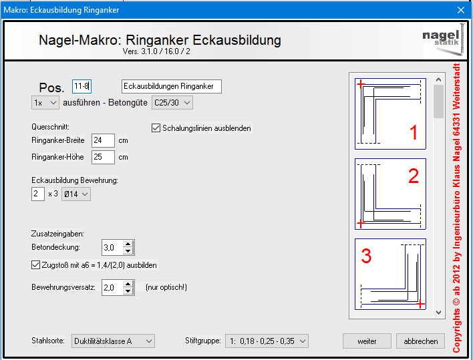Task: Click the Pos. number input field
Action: pos(82,87)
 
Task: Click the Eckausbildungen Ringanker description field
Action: pos(171,87)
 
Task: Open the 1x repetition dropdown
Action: pos(45,103)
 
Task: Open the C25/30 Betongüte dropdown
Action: pos(172,103)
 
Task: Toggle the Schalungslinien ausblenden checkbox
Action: pos(156,128)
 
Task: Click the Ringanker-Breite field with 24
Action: pos(103,140)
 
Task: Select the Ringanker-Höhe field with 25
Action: pos(103,157)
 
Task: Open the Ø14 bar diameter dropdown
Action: pos(76,194)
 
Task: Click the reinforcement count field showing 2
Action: pos(38,194)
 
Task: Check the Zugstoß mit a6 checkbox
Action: pos(35,265)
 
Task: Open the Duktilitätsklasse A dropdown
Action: pos(113,341)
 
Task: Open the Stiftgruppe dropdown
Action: pos(267,341)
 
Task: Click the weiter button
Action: pos(367,341)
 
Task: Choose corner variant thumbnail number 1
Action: pos(390,114)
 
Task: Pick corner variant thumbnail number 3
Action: pos(390,274)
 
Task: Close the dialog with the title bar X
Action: pos(460,10)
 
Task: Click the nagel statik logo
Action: pos(443,39)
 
